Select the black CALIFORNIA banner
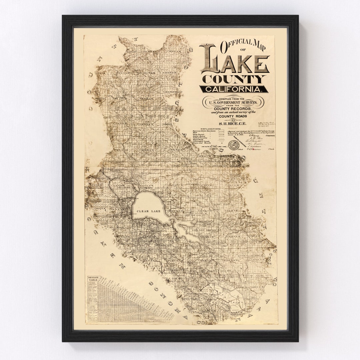[x=233, y=89]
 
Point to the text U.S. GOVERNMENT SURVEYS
[x=234, y=103]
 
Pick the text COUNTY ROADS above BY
[x=233, y=117]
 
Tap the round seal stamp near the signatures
[x=233, y=145]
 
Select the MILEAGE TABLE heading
[x=93, y=279]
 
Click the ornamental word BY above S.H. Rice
[x=233, y=120]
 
